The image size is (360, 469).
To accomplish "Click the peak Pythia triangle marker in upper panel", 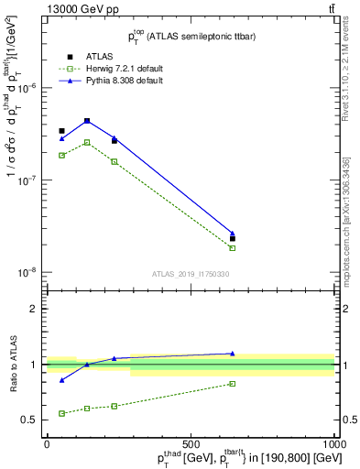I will [x=87, y=120].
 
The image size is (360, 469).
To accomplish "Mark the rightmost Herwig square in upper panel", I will [x=233, y=248].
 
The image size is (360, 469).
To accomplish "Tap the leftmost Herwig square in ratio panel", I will [x=61, y=413].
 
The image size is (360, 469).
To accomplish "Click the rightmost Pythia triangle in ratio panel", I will [x=233, y=353].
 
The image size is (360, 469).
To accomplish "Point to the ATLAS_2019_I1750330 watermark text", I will [x=191, y=274].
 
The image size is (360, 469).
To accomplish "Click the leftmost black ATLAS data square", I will [x=61, y=131].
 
